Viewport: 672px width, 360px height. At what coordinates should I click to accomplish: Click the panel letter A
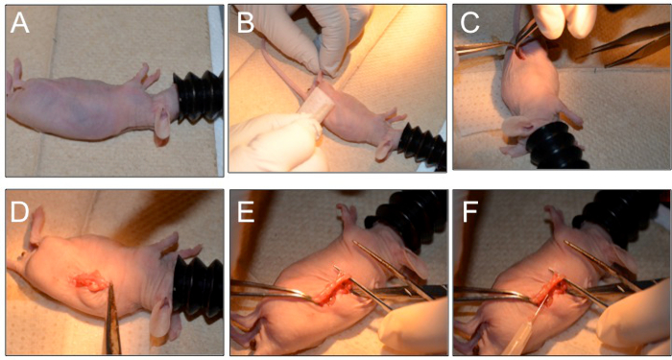tap(20, 24)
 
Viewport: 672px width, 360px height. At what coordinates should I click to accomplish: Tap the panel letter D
tap(20, 212)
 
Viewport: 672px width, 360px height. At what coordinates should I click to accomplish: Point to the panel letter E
tap(246, 212)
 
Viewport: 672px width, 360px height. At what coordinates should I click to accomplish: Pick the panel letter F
tap(470, 212)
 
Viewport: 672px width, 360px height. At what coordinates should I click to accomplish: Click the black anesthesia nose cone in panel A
tap(198, 97)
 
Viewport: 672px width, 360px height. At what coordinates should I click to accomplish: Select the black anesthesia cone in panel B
tap(422, 145)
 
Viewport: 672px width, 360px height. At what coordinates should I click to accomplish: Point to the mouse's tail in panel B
tap(280, 67)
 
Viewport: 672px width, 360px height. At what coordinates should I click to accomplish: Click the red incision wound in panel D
tap(88, 282)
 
